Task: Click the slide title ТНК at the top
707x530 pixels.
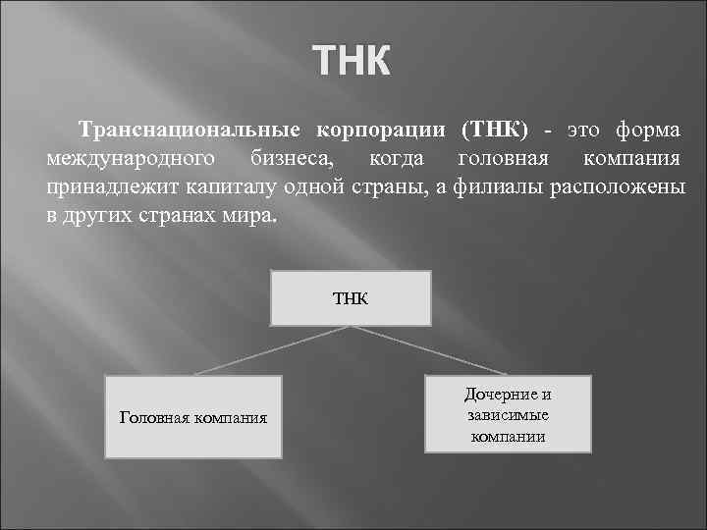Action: (353, 63)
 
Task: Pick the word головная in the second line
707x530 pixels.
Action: (497, 159)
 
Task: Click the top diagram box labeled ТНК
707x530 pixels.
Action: (350, 297)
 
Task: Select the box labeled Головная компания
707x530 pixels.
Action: (193, 417)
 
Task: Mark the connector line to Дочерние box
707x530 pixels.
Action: (432, 350)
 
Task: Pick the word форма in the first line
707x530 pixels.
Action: (649, 131)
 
